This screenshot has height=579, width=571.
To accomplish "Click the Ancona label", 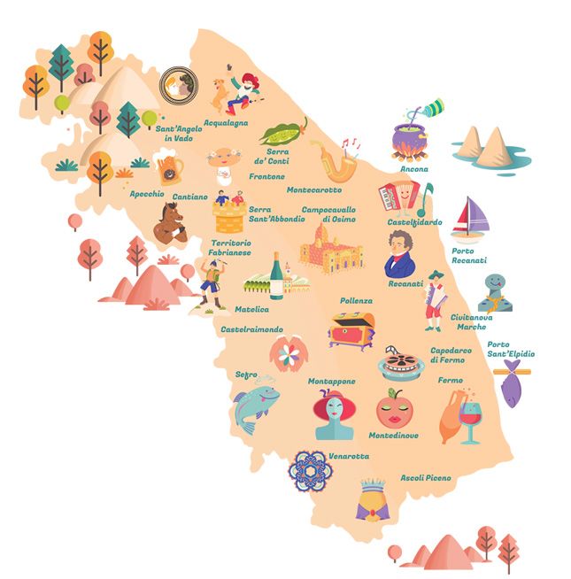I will pyautogui.click(x=413, y=168).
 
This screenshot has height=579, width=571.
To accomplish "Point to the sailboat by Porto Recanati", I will pyautogui.click(x=470, y=218).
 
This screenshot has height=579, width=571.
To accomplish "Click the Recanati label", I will pyautogui.click(x=405, y=284).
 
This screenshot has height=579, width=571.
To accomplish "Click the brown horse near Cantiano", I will pyautogui.click(x=169, y=222).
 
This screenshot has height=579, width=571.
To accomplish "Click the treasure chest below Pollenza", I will pyautogui.click(x=350, y=329).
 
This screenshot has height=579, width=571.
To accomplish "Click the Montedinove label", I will pyautogui.click(x=396, y=436).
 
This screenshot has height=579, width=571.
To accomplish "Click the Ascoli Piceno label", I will pyautogui.click(x=425, y=478).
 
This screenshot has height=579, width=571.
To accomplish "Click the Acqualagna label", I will pyautogui.click(x=226, y=123).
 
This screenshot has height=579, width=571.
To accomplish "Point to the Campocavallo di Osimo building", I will pyautogui.click(x=331, y=247).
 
